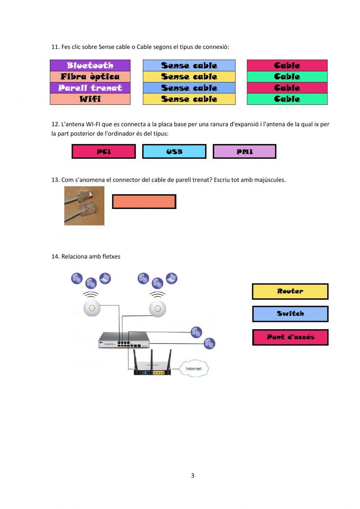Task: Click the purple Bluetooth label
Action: pyautogui.click(x=90, y=66)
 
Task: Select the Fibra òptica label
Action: pyautogui.click(x=90, y=77)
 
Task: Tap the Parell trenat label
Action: pyautogui.click(x=90, y=88)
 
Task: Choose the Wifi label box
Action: pyautogui.click(x=90, y=99)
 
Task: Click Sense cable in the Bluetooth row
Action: pyautogui.click(x=189, y=66)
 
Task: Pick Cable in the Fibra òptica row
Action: pyautogui.click(x=287, y=77)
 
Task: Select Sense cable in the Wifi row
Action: pyautogui.click(x=189, y=99)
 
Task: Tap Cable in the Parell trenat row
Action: pyautogui.click(x=287, y=88)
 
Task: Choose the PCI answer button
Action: pyautogui.click(x=104, y=152)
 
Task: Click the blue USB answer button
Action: pyautogui.click(x=174, y=152)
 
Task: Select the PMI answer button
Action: pyautogui.click(x=244, y=152)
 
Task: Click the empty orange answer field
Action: pyautogui.click(x=144, y=202)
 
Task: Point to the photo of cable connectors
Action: pyautogui.click(x=84, y=206)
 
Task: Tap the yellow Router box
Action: pyautogui.click(x=290, y=291)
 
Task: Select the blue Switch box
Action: pyautogui.click(x=290, y=314)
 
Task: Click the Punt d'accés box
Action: pyautogui.click(x=290, y=337)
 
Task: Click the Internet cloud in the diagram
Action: pyautogui.click(x=194, y=369)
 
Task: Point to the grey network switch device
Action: pyautogui.click(x=124, y=340)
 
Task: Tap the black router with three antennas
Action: pyautogui.click(x=152, y=367)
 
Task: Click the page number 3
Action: pyautogui.click(x=193, y=475)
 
